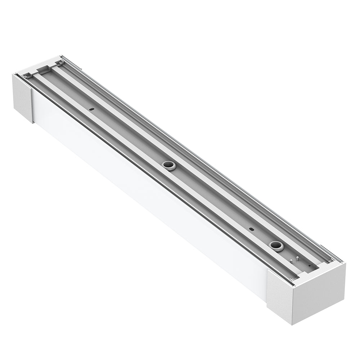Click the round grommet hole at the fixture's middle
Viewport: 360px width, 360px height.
[168, 166]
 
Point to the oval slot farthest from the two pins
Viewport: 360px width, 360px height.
[92, 108]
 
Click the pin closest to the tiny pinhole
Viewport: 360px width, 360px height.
[297, 258]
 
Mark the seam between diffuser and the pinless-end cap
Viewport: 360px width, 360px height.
[33, 106]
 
